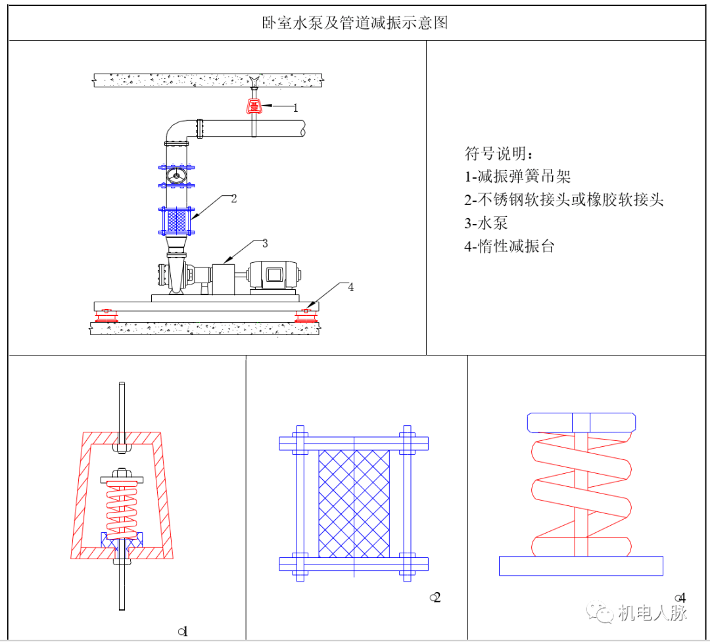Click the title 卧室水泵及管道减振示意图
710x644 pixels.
[354, 23]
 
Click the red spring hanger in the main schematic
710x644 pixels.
[253, 106]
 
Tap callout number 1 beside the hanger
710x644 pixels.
[295, 108]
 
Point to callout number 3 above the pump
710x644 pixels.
[265, 243]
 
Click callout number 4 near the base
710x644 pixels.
[350, 287]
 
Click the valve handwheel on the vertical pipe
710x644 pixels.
[176, 176]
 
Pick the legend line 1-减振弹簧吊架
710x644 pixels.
[517, 176]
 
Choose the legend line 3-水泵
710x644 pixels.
[486, 223]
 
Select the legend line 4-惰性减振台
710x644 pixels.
[509, 247]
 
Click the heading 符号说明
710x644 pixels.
[500, 154]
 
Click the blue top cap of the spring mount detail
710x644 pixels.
[582, 423]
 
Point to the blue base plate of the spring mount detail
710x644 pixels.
[580, 565]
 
